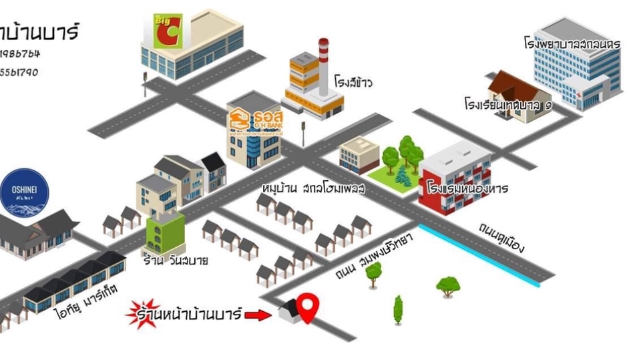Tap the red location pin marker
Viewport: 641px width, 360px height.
tap(307, 307)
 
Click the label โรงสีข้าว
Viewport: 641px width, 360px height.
tap(353, 83)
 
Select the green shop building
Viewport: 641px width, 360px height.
tap(164, 233)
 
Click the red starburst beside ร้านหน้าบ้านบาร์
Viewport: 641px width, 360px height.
tap(142, 313)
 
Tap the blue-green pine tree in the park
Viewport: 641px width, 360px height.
tap(401, 176)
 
